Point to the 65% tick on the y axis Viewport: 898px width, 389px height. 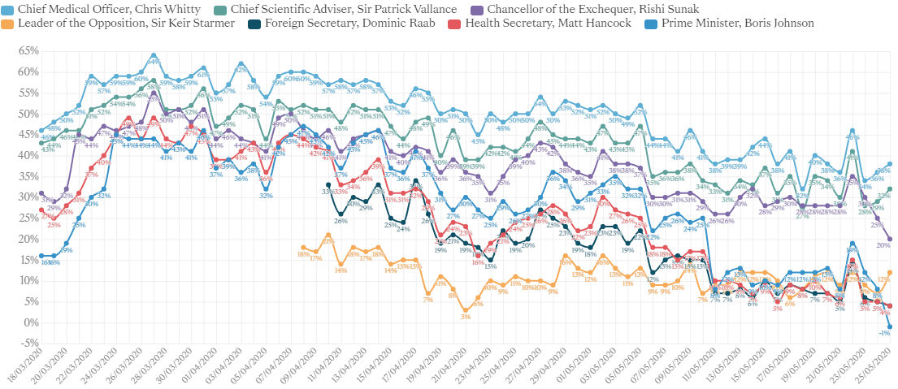[28, 50]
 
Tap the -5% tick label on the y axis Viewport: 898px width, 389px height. [29, 344]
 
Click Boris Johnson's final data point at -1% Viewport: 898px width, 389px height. [890, 326]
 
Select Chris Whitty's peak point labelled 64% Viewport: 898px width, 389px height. [153, 55]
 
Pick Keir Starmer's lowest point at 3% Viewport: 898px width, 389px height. [465, 309]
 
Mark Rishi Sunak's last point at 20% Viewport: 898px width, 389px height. [890, 239]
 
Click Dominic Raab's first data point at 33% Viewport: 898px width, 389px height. [328, 184]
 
